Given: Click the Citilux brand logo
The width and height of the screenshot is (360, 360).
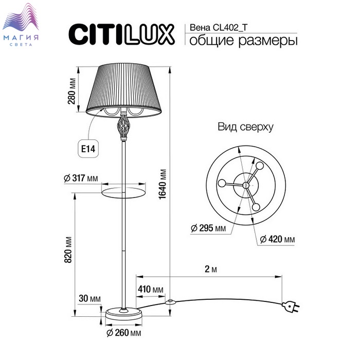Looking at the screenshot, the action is (x=121, y=34).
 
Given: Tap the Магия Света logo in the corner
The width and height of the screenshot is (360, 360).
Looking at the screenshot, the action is (x=21, y=25).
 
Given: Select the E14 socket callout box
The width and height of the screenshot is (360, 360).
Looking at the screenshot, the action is (x=88, y=149).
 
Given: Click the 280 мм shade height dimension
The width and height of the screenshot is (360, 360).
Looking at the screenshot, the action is (x=71, y=91).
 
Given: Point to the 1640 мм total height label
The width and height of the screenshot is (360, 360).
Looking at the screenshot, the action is (x=163, y=184).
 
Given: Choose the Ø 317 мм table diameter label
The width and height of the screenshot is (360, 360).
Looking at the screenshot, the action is (x=81, y=178).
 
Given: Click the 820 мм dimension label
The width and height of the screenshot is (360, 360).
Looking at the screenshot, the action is (x=68, y=249).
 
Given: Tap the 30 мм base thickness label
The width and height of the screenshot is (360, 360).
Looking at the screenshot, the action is (x=90, y=298).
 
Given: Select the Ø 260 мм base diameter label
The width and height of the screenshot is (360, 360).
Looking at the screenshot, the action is (x=124, y=333).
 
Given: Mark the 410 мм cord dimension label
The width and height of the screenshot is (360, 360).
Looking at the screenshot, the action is (x=151, y=289).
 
